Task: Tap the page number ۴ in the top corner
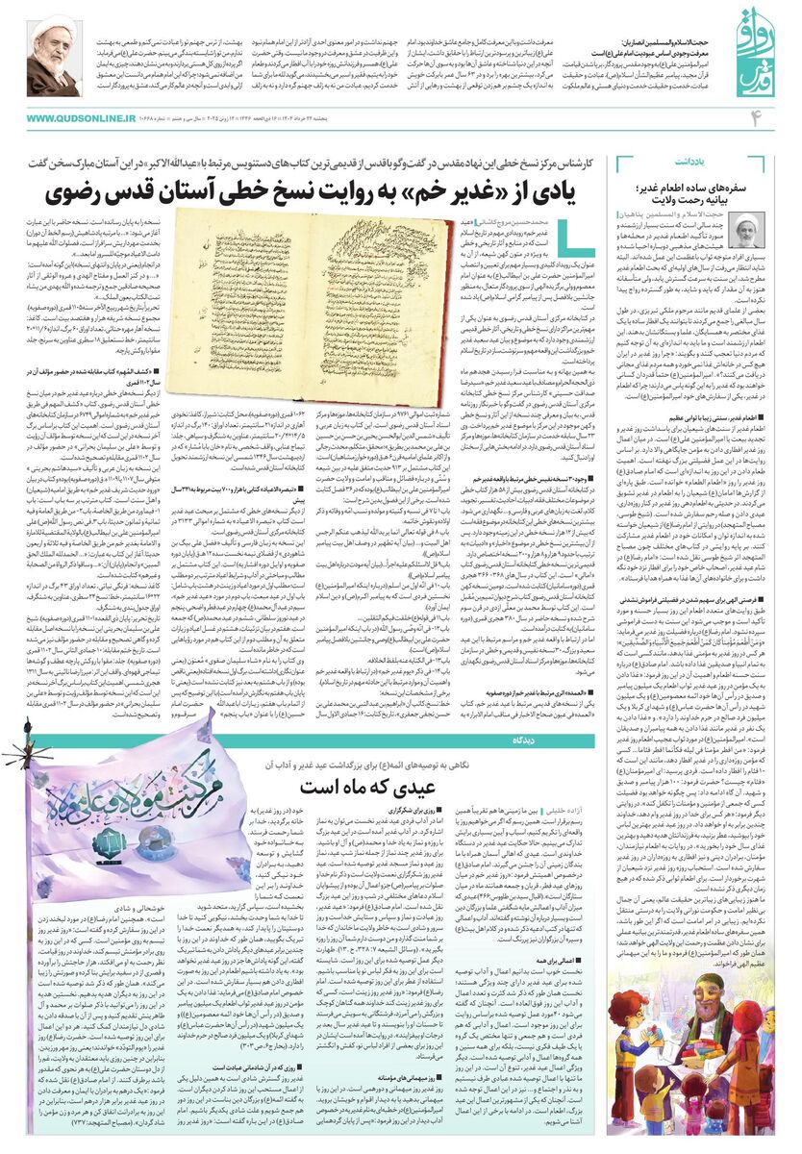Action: pyautogui.click(x=755, y=117)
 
